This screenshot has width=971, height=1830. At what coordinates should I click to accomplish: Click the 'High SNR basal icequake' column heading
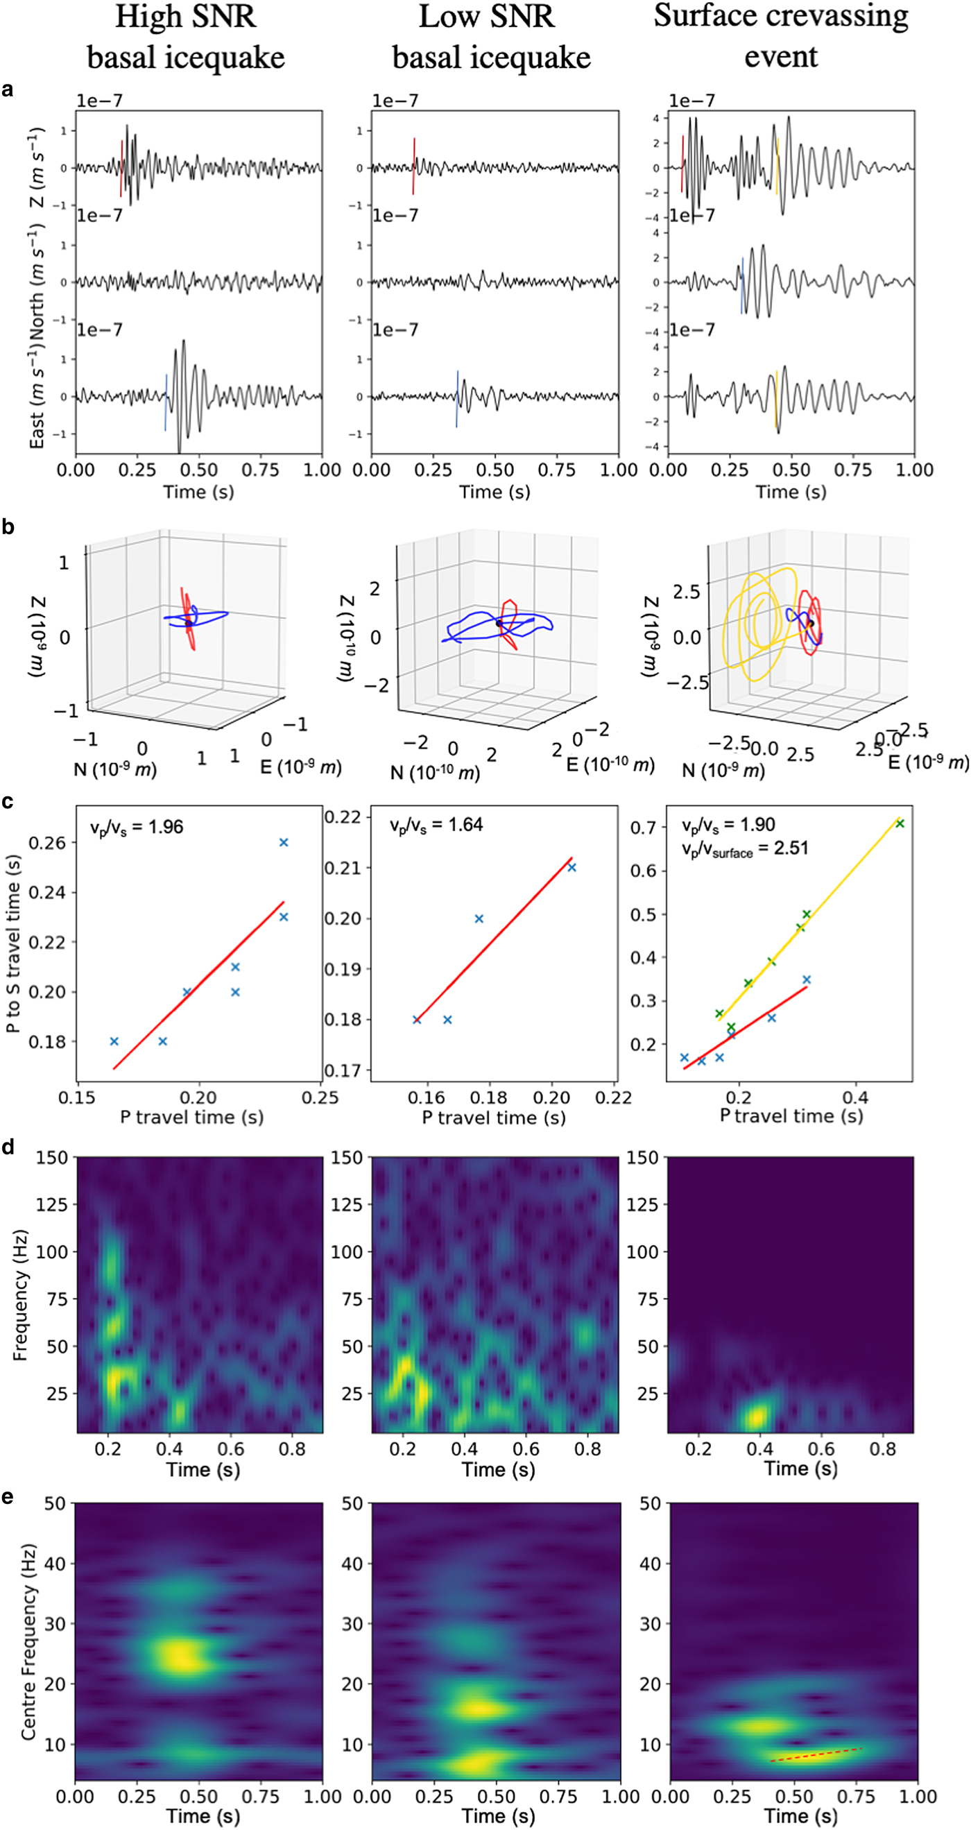click(185, 37)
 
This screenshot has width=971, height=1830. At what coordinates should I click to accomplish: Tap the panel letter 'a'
click(8, 89)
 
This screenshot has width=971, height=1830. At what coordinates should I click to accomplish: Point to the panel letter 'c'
click(8, 801)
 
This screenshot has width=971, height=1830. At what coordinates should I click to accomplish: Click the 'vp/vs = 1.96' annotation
click(137, 827)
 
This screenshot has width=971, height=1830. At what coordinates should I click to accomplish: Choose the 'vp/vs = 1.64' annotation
click(436, 825)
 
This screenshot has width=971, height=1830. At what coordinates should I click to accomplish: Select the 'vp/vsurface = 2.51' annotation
click(744, 848)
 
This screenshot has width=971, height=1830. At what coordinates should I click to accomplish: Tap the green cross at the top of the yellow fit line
click(900, 823)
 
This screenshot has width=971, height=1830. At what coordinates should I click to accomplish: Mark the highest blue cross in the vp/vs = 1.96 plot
click(284, 843)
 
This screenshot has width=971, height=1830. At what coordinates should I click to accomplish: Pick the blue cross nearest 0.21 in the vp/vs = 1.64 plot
click(572, 867)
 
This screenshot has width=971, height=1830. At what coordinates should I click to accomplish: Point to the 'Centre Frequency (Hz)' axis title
click(28, 1641)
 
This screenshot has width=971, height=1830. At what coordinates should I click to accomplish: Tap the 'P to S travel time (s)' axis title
click(12, 943)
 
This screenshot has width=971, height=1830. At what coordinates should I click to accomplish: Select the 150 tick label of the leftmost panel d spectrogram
click(53, 1157)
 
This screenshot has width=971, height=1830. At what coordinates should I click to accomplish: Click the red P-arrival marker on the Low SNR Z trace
click(413, 166)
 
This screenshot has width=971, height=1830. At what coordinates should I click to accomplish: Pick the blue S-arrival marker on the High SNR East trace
click(166, 402)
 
